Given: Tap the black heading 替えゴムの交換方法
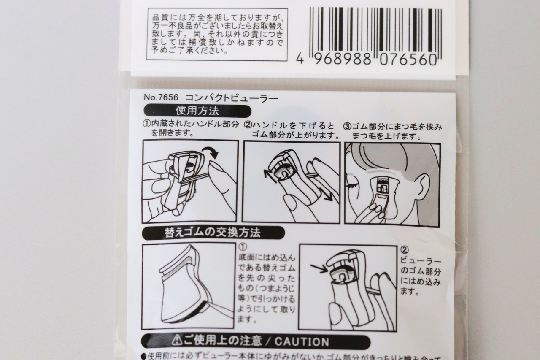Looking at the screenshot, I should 213,233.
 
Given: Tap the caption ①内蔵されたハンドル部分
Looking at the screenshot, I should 191,125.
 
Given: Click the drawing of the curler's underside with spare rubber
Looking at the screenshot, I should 188,285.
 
